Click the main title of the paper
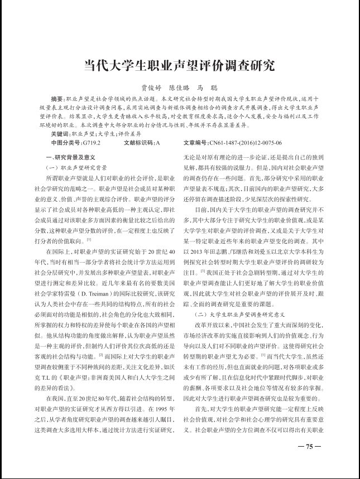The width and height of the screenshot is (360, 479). pos(180,65)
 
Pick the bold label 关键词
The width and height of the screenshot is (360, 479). pos(59,134)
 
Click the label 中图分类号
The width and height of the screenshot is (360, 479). pos(65,143)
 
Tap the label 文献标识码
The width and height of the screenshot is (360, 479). pos(139,143)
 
